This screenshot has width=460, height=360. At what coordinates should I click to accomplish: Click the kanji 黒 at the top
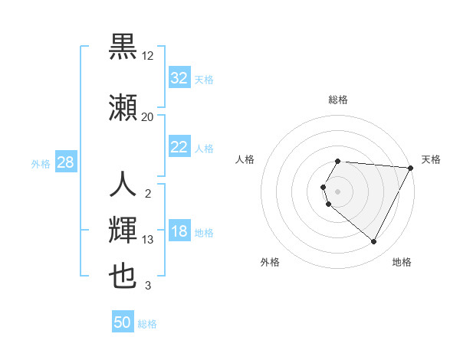pyautogui.click(x=123, y=47)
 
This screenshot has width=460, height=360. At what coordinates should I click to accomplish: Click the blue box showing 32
pyautogui.click(x=179, y=78)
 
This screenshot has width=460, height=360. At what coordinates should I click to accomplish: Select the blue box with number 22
pyautogui.click(x=179, y=147)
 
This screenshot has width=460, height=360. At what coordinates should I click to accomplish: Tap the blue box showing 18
pyautogui.click(x=179, y=232)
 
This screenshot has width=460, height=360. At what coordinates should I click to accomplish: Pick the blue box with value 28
pyautogui.click(x=64, y=162)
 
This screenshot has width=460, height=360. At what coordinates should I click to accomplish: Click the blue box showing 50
pyautogui.click(x=123, y=322)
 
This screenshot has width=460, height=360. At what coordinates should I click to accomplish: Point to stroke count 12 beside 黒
pyautogui.click(x=148, y=56)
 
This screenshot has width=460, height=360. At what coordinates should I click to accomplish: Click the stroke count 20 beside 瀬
pyautogui.click(x=147, y=116)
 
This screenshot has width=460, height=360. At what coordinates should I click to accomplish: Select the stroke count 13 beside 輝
pyautogui.click(x=148, y=240)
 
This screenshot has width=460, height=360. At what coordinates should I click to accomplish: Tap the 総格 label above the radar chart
pyautogui.click(x=338, y=100)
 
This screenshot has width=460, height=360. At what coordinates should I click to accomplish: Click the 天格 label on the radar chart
pyautogui.click(x=431, y=159)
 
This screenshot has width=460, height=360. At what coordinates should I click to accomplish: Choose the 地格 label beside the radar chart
pyautogui.click(x=402, y=262)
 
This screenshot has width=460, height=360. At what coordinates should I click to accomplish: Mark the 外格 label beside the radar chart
pyautogui.click(x=270, y=262)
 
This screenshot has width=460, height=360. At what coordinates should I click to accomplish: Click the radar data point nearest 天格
pyautogui.click(x=411, y=168)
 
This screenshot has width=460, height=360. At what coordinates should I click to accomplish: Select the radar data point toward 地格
pyautogui.click(x=374, y=242)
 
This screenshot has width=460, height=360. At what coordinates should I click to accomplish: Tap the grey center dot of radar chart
pyautogui.click(x=338, y=191)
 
